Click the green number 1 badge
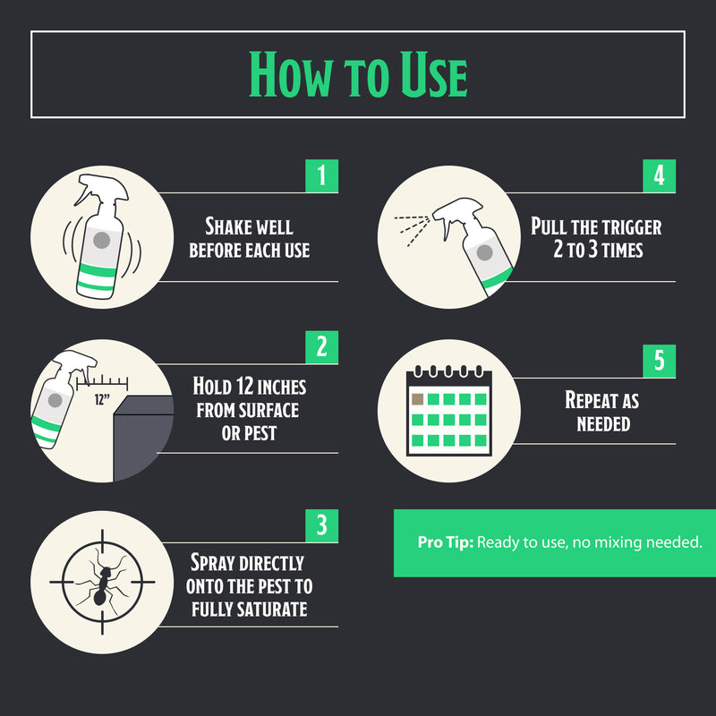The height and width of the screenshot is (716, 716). [x=322, y=175]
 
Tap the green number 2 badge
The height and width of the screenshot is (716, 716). [x=322, y=347]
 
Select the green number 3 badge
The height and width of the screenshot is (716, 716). [x=322, y=525]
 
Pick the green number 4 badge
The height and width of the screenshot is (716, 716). [x=659, y=175]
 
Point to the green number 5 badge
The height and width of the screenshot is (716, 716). [x=659, y=361]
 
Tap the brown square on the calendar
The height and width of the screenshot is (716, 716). [x=417, y=399]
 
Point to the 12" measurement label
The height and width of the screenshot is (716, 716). [x=102, y=399]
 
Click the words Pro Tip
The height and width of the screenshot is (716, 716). [x=445, y=542]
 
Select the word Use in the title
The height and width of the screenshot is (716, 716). [x=434, y=74]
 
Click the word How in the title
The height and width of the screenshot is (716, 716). [x=290, y=74]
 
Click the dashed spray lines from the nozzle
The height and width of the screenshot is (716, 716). [x=413, y=229]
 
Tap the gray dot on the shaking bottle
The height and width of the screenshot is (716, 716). [x=101, y=240]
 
